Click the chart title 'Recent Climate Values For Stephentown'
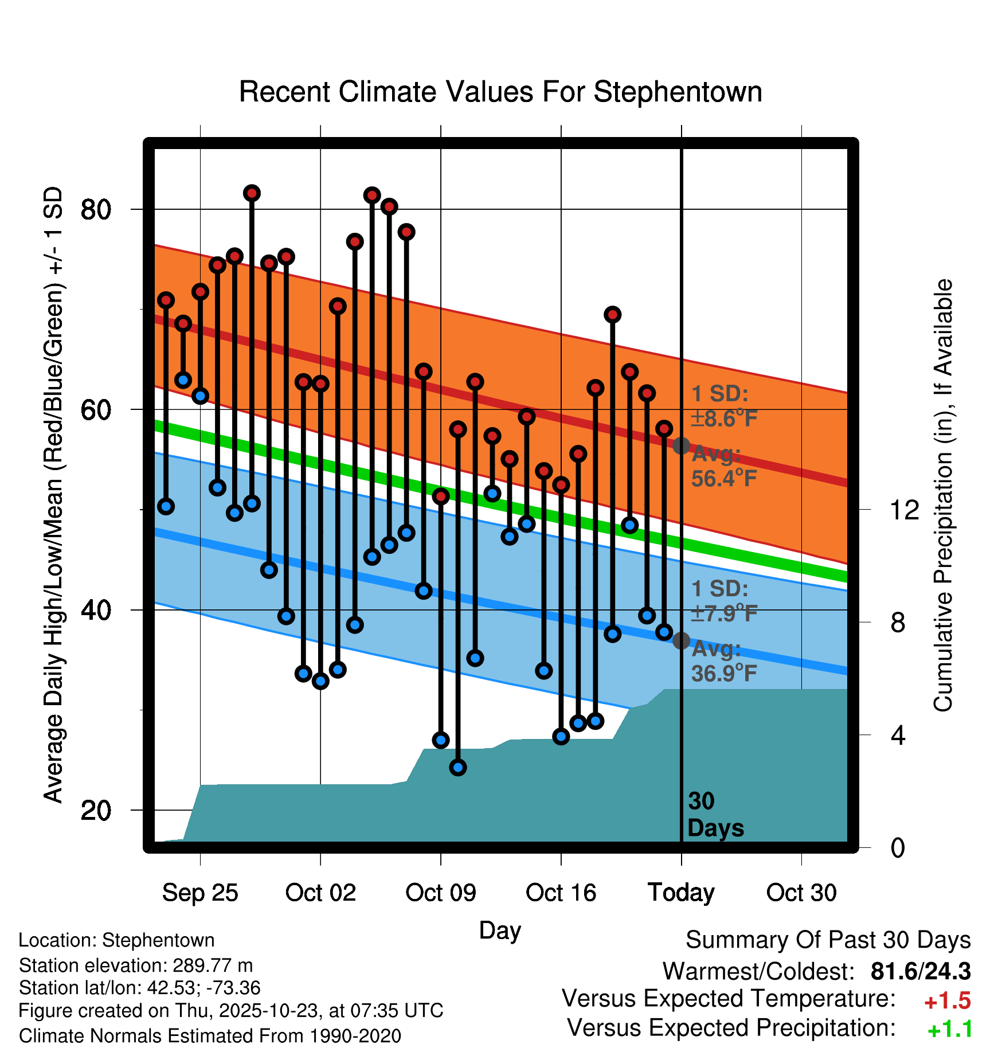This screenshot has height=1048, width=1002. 500,92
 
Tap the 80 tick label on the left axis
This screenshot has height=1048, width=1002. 96,210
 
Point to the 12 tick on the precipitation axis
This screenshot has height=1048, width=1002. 904,510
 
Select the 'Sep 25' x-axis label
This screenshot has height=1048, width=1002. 199,893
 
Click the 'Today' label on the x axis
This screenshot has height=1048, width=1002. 681,893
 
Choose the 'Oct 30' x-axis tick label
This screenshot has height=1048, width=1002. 801,893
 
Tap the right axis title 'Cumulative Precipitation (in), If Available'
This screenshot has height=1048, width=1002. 942,495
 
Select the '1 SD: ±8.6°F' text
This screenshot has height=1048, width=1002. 723,406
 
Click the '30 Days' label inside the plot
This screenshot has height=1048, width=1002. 714,815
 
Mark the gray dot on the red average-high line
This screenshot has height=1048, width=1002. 681,445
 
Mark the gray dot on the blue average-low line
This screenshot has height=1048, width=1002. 681,640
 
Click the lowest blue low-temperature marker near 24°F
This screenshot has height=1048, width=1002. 458,767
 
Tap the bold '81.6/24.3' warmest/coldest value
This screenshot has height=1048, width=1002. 921,972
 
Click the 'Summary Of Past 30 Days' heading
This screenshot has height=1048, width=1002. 828,941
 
